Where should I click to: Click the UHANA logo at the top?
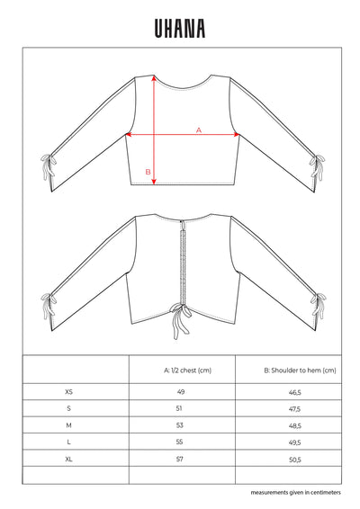click(x=180, y=29)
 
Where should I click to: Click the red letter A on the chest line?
click(x=198, y=129)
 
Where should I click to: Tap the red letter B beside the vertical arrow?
click(x=148, y=171)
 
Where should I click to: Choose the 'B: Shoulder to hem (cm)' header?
click(x=288, y=370)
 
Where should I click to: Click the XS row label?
click(x=70, y=392)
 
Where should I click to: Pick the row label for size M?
click(x=70, y=425)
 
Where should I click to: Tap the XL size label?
click(x=70, y=458)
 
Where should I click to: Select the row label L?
click(x=70, y=442)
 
